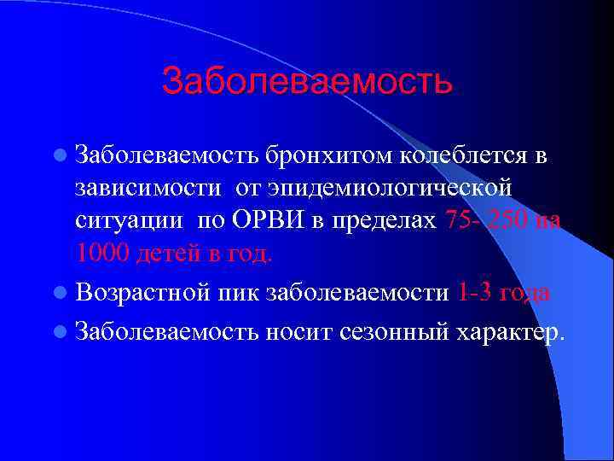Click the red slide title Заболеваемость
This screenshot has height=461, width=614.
pos(306,82)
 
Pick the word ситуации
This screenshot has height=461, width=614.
pos(128,220)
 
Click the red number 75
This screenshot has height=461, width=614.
pos(460,220)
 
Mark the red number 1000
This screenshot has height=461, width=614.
pos(101,252)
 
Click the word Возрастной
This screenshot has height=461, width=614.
pos(141,293)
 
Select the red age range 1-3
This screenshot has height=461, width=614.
pos(473,293)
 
